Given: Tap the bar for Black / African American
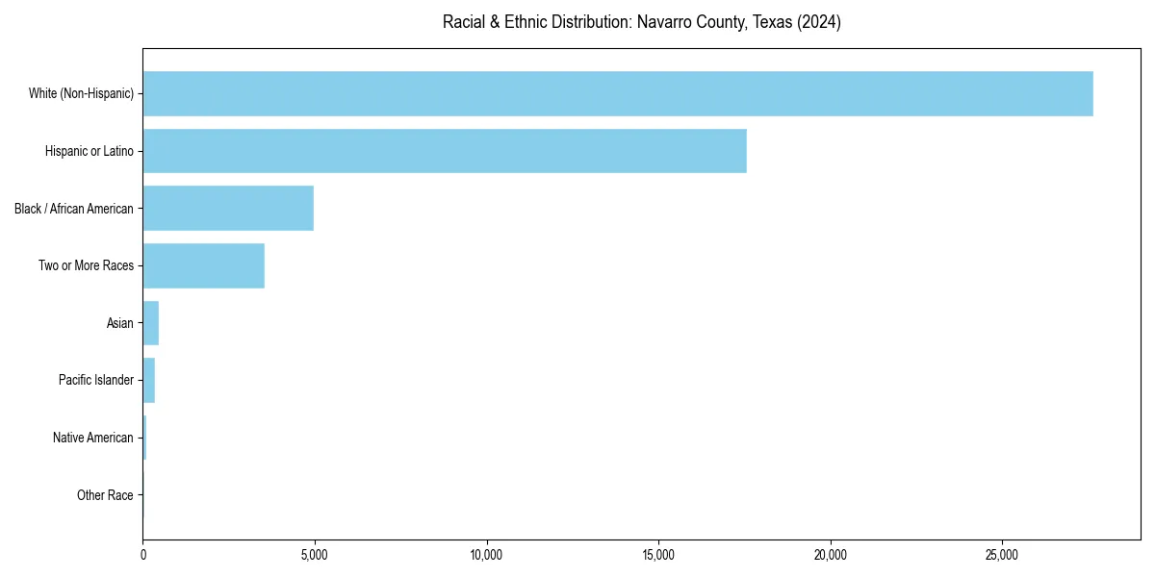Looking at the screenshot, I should pos(228,209).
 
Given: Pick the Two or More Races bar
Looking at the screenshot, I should pos(203,265).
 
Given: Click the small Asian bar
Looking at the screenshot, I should pos(151,323).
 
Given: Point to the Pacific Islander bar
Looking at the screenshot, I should pos(149,380).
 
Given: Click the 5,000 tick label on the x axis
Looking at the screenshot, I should pos(315,555).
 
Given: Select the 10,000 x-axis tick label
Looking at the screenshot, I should pos(487,555).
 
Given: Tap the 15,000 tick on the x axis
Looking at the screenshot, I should pos(658,555).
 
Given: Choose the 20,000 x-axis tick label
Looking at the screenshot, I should pos(831,555).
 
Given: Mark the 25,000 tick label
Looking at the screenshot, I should pos(1002,555).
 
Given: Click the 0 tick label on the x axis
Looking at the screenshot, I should pos(143,555).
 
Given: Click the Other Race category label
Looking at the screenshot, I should pos(105,495).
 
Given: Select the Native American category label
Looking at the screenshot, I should pos(93,438).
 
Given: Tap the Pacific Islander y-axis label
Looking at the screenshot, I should pos(96,380).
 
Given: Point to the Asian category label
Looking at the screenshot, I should pos(120,323).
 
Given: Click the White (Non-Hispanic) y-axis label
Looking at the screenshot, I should pos(81,93).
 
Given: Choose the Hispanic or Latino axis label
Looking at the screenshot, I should pos(90,151).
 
